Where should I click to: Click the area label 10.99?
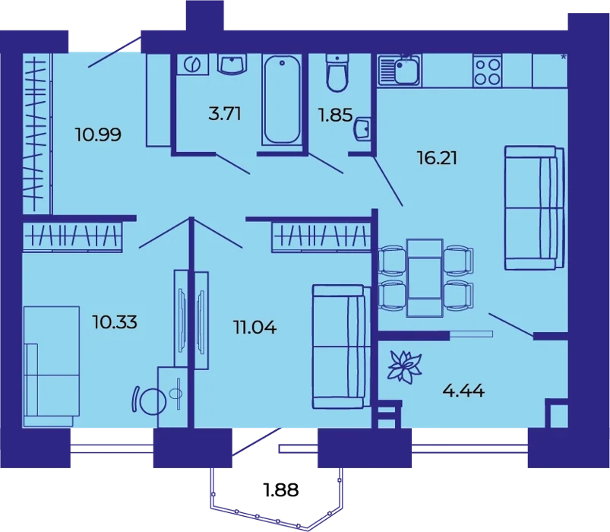coord(99,135)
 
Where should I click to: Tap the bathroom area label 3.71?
coord(225,114)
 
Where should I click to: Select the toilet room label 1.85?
coord(335,116)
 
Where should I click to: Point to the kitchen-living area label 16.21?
coord(437,158)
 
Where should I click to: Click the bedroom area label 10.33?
coord(115,322)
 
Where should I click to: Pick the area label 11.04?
coord(255,328)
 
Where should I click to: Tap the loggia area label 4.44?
coord(463,391)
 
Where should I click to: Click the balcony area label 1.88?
coord(281,489)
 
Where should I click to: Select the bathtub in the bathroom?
coord(282,100)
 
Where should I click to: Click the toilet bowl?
coord(337,73)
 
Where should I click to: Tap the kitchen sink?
coord(400,70)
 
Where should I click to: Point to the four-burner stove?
coord(487,70)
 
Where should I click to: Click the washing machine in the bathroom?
coord(192,64)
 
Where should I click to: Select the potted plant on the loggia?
coord(405,366)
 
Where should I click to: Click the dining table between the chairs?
coord(425,278)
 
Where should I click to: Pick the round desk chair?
coord(151,401)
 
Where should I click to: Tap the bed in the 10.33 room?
coord(52,366)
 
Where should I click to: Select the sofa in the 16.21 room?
coord(535,207)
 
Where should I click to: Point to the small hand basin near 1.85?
coord(362,128)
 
